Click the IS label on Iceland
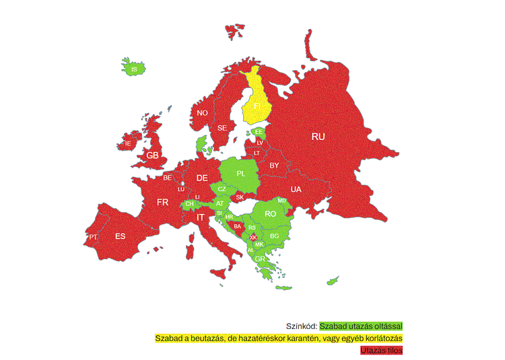(x=134, y=69)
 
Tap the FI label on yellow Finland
(x=257, y=106)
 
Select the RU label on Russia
(x=318, y=136)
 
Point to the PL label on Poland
(x=241, y=174)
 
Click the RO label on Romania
(x=271, y=213)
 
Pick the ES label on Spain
(x=120, y=236)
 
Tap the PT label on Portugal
(x=93, y=238)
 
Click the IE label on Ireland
(x=127, y=144)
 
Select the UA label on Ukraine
(x=296, y=189)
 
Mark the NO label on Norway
(x=202, y=113)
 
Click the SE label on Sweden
(x=222, y=127)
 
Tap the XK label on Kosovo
(x=253, y=238)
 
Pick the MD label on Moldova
(x=282, y=201)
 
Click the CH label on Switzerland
(x=190, y=203)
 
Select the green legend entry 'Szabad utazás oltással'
(x=360, y=326)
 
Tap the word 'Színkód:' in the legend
(x=302, y=326)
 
